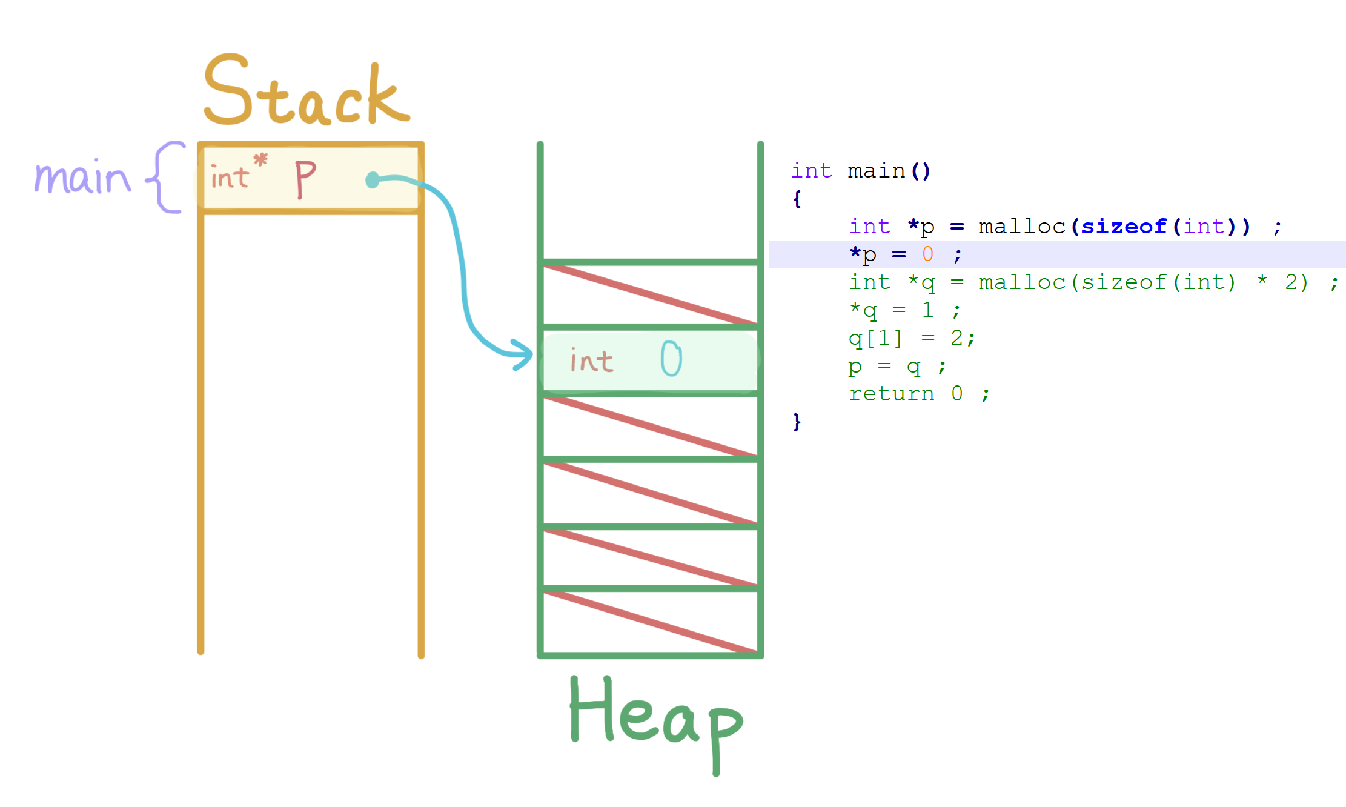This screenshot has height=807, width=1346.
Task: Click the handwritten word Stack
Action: point(306,91)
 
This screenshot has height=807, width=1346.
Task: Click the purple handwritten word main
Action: point(82,178)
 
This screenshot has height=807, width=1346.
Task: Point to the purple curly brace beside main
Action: point(165,177)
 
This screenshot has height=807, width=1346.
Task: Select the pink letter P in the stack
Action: point(305,179)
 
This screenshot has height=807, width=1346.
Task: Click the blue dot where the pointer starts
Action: point(373,180)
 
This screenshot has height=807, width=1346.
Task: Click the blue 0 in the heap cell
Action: point(671,358)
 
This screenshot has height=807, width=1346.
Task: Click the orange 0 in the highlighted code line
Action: point(927,254)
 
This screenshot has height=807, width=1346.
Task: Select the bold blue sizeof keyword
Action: point(1124,227)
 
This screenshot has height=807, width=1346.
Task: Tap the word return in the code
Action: point(891,394)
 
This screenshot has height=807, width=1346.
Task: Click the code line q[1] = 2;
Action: point(911,338)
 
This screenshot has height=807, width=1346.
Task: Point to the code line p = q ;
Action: point(897,366)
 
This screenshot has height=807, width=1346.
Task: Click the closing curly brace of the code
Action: point(797,422)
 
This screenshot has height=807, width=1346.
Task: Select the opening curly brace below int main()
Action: point(797,199)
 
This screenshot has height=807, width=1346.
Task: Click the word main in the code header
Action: point(876,171)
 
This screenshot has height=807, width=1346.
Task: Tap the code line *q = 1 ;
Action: point(904,310)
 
